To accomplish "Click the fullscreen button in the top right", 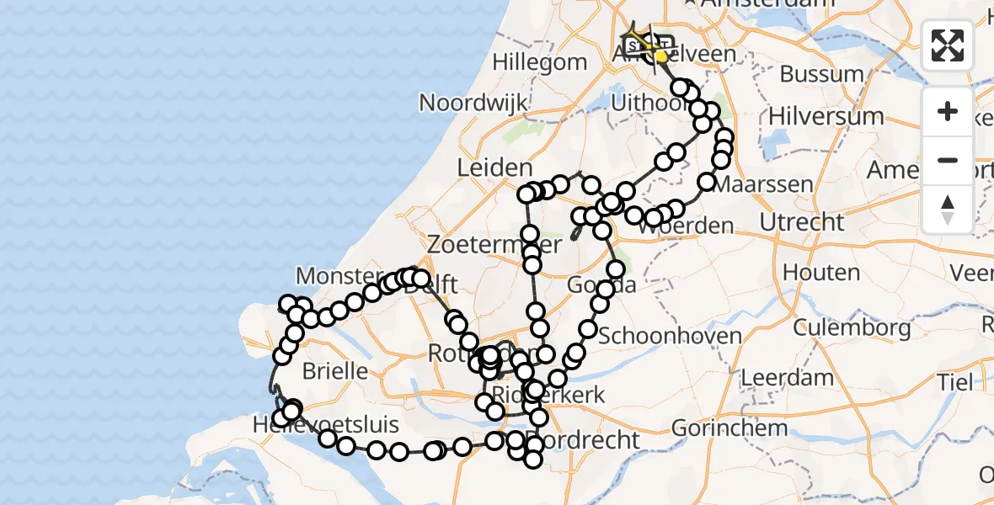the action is point(948,45).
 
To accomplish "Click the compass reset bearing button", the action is point(948,209).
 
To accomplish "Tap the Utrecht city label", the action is point(801,222).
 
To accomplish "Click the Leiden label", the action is point(494,167).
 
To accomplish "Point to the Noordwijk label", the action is point(473,103).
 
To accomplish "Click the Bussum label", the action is point(821,74).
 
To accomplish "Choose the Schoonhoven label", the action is point(670,336).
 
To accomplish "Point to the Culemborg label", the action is point(852,327).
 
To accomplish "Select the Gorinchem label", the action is point(729,428).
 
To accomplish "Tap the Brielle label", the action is point(334,370).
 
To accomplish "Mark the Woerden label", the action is point(686,226).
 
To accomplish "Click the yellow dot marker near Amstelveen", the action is point(661,56).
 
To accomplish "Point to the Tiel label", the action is point(954,381).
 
